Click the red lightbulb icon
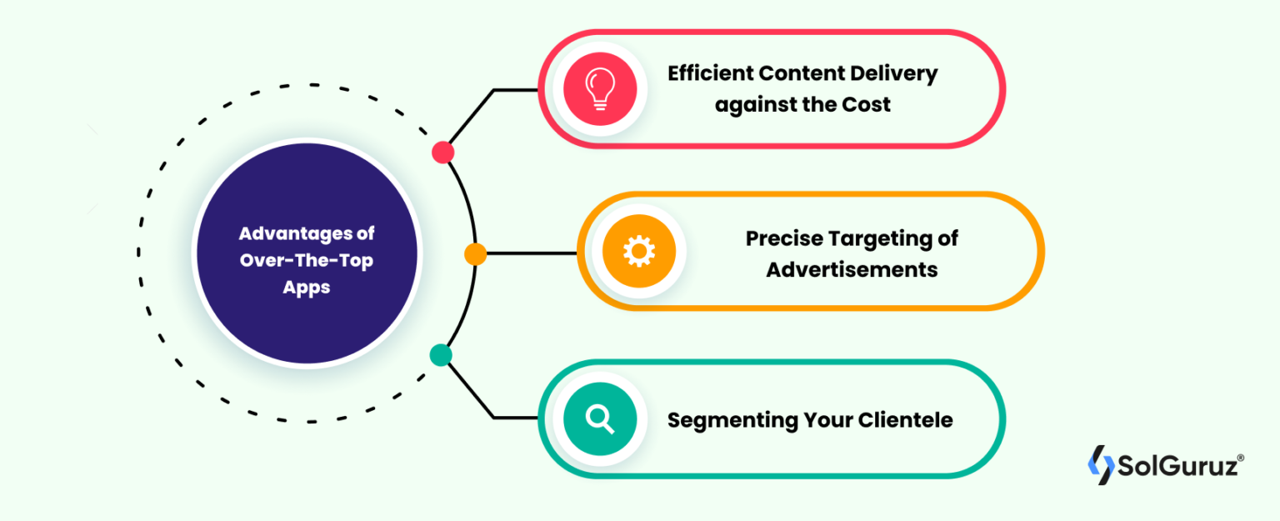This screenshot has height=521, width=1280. [x=600, y=88]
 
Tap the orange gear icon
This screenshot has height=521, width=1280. [x=638, y=251]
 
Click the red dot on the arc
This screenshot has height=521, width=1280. [x=443, y=152]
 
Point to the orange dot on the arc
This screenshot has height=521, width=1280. [x=475, y=254]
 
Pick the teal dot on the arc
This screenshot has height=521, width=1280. [x=440, y=356]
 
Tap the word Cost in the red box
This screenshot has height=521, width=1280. [x=865, y=105]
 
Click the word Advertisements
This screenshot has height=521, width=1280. [x=852, y=270]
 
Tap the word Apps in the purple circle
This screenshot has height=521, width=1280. [x=307, y=288]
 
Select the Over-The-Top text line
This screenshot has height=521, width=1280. [x=307, y=260]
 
